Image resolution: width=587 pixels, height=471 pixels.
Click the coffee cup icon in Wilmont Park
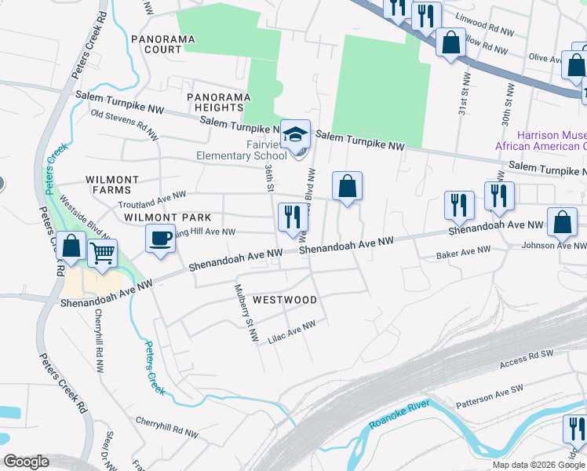pyautogui.click(x=161, y=238)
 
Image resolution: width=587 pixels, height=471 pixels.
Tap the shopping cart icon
pyautogui.click(x=102, y=253)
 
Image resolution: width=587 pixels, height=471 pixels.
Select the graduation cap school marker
pyautogui.click(x=296, y=134)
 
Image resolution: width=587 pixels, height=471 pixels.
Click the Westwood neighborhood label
pyautogui.click(x=285, y=300)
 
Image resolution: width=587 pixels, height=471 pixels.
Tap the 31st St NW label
pyautogui.click(x=464, y=99)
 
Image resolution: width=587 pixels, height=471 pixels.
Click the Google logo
pyautogui.click(x=27, y=462)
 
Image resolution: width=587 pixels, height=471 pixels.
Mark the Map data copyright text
pyautogui.click(x=538, y=465)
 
